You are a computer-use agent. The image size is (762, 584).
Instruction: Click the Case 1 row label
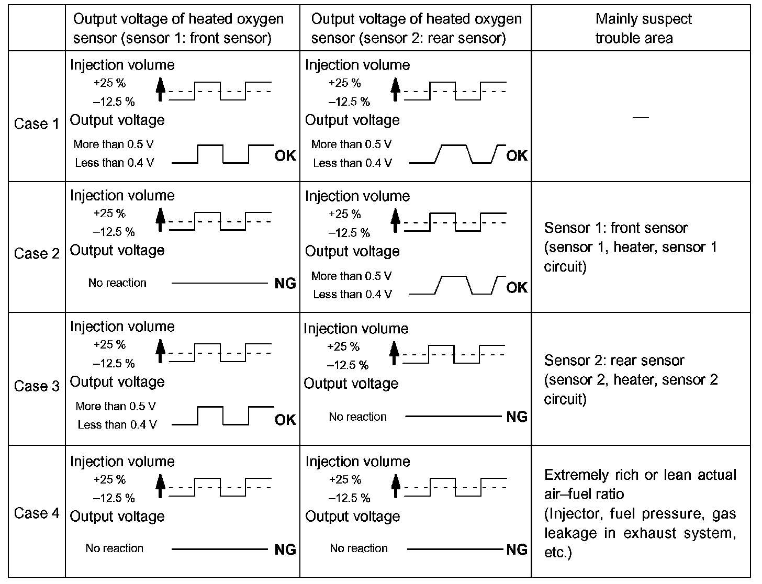[37, 124]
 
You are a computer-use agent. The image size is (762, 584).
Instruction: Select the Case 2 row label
[37, 254]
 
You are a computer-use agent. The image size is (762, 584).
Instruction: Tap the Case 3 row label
[37, 386]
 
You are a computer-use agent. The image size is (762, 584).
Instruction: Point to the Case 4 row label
[37, 513]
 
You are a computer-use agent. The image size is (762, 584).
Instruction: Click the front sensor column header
[178, 29]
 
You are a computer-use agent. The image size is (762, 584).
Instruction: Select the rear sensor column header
[416, 29]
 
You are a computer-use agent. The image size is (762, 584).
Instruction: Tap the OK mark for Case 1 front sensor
[285, 156]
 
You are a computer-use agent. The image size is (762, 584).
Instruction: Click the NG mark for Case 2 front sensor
[285, 284]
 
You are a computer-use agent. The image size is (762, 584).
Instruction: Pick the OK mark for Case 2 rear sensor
[517, 287]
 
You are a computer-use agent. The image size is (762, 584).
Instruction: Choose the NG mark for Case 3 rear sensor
[517, 417]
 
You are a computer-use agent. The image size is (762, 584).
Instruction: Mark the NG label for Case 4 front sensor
[285, 549]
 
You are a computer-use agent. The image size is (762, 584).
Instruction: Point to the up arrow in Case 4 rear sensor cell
[396, 485]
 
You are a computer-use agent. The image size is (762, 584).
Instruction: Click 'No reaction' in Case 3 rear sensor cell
[358, 417]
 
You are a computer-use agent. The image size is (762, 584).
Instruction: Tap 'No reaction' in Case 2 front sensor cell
[117, 283]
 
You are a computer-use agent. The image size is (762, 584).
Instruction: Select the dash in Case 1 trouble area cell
[641, 118]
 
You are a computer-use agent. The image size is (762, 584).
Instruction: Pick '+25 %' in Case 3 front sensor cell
[109, 345]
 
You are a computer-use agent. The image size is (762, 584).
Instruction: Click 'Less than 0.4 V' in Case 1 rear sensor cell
[352, 163]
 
